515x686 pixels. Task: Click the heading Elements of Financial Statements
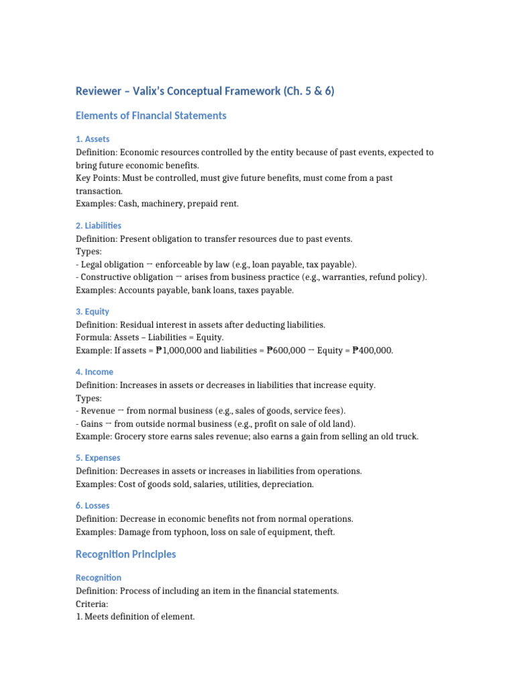coord(151,115)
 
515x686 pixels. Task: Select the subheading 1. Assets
coord(93,139)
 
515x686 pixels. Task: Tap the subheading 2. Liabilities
coord(99,225)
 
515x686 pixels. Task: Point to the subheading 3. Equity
coord(93,312)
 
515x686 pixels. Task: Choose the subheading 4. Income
coord(95,372)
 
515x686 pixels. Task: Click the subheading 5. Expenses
coord(98,458)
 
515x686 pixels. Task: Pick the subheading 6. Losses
coord(93,505)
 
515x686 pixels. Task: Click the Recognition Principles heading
coord(126,554)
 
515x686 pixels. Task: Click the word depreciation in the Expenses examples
coord(288,484)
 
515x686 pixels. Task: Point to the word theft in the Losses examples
coord(323,532)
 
